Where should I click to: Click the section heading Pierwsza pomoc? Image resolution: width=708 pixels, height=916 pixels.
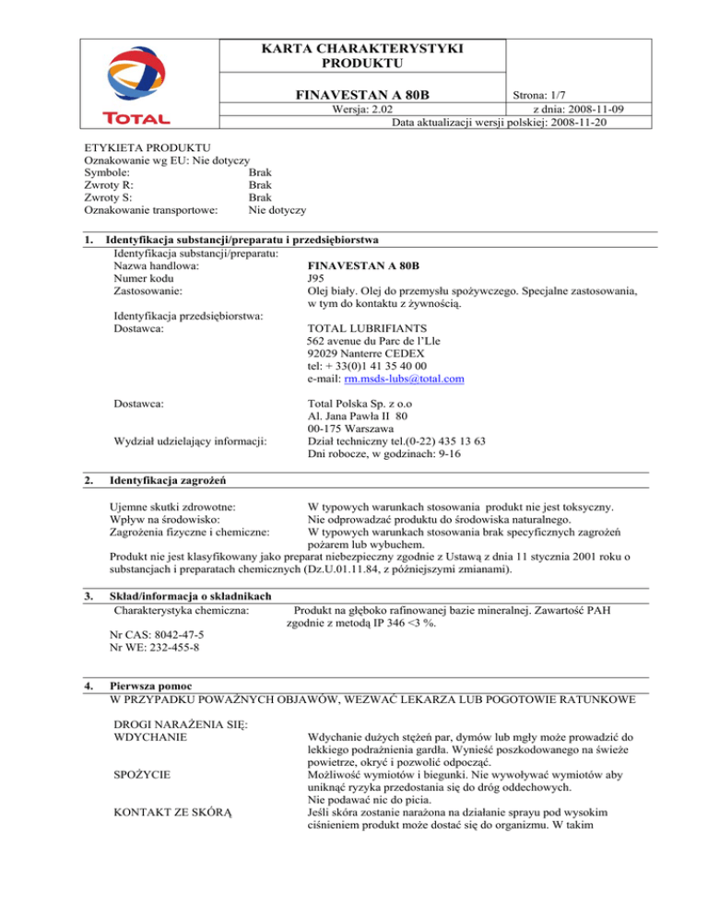pos(152,686)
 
